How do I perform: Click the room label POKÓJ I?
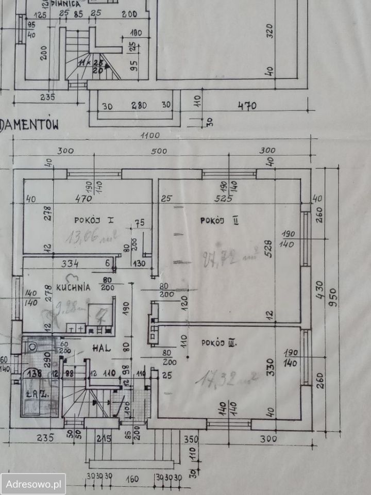(93, 220)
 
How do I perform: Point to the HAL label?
(102, 348)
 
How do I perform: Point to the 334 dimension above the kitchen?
(70, 264)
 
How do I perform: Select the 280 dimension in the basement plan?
(137, 106)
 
